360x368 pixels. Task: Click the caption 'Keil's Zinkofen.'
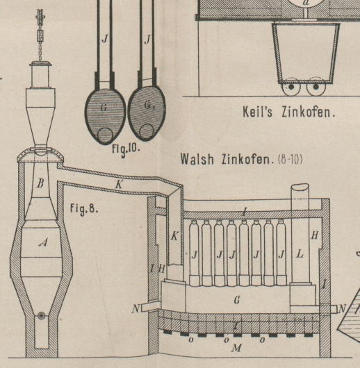coord(289,112)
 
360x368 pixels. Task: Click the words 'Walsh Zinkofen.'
coord(226,160)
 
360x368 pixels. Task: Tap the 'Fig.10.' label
coord(126,149)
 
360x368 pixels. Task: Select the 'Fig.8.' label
coord(84,208)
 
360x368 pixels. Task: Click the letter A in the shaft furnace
coord(43,242)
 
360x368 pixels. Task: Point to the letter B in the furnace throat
coord(40,183)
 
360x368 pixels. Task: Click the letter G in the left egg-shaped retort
coord(104,108)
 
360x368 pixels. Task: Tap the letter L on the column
coord(300,254)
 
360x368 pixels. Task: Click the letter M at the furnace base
coord(236,348)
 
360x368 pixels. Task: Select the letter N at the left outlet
coord(136,309)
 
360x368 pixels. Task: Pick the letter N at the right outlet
coord(342,308)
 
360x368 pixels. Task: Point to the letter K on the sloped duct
coord(119,185)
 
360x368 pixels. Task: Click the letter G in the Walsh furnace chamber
coord(237,300)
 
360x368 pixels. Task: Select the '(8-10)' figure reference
coord(291,160)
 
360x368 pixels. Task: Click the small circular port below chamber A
coord(42,316)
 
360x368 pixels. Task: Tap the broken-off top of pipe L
coord(300,187)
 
